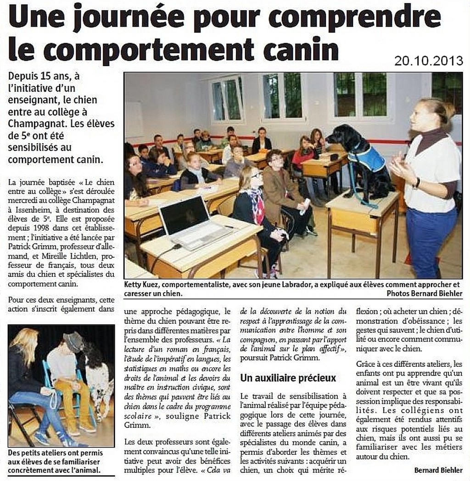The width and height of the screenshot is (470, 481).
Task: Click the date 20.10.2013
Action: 428,60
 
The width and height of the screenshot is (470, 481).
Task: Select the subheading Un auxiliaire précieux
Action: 288,378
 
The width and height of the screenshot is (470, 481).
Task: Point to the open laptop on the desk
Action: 193,220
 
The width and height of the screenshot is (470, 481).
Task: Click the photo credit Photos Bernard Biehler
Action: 424,293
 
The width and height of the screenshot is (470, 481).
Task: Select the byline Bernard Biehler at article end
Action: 438,470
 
